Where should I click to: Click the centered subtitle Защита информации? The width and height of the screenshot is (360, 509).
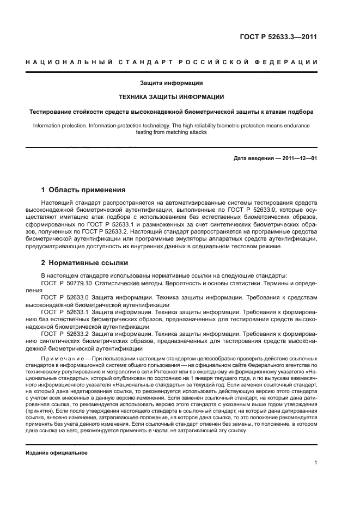(172, 83)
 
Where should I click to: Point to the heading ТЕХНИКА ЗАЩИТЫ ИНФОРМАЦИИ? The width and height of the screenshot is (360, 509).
(172, 97)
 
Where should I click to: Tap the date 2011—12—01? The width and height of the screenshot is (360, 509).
(300, 158)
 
